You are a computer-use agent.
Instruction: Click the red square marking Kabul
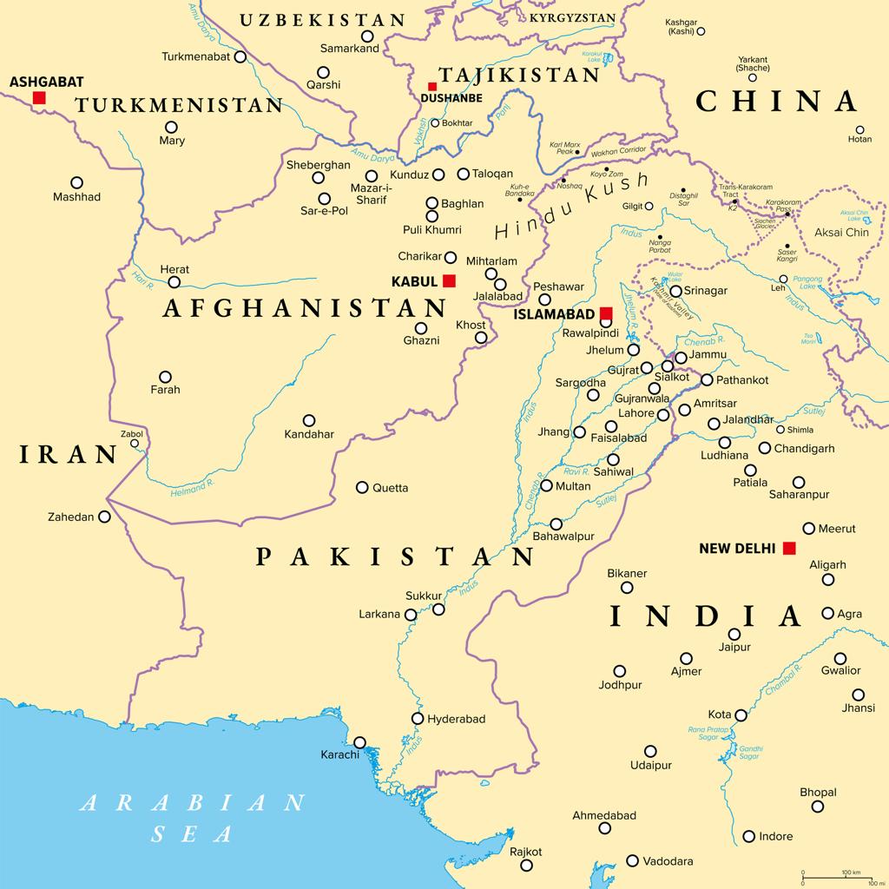[449, 280]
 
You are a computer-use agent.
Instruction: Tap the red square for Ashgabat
[39, 98]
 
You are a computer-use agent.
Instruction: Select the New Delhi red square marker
[788, 548]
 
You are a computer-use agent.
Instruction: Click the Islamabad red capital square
[606, 313]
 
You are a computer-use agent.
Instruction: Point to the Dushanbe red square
[431, 86]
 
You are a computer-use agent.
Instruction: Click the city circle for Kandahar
[308, 420]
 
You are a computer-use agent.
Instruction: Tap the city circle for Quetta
[362, 487]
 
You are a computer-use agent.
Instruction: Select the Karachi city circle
[359, 742]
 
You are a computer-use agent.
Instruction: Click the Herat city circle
[175, 282]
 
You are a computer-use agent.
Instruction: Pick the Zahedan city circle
[104, 517]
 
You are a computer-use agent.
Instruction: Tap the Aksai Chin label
[841, 232]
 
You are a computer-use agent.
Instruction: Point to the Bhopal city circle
[818, 807]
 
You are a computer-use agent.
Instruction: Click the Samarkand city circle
[367, 36]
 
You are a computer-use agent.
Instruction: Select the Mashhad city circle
[76, 182]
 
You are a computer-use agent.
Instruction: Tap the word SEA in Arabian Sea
[193, 834]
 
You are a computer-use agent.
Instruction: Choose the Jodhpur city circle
[620, 671]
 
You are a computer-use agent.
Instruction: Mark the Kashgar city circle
[701, 31]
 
